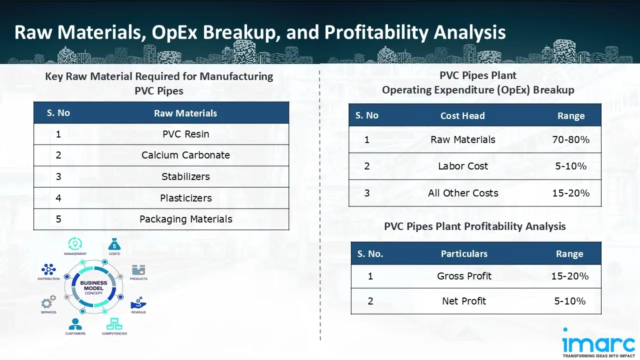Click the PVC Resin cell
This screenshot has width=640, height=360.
tap(185, 134)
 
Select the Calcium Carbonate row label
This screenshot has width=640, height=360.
tap(185, 155)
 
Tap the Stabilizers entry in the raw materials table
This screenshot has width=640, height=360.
tap(185, 176)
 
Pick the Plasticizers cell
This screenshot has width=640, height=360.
tap(185, 198)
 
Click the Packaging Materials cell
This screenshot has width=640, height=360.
tap(185, 219)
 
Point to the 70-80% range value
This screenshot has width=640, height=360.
tap(570, 139)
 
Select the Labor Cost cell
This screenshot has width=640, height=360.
tap(462, 166)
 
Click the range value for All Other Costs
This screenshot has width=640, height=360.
tap(570, 193)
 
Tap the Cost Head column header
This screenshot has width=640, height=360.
tap(462, 115)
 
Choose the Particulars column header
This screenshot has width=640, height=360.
tap(463, 254)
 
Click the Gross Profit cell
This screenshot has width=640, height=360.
tap(464, 276)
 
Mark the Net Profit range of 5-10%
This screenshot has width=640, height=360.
tap(569, 301)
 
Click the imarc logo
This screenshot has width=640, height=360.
tap(599, 342)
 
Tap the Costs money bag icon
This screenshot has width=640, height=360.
tap(114, 244)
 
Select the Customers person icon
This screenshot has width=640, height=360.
tap(75, 324)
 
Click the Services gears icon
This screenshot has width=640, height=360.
tap(48, 301)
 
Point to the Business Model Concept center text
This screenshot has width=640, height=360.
tap(93, 287)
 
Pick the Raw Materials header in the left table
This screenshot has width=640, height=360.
tap(185, 113)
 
